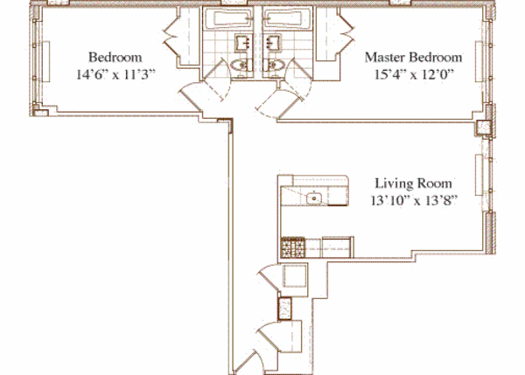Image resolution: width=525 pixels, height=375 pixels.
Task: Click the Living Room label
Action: pyautogui.click(x=413, y=184)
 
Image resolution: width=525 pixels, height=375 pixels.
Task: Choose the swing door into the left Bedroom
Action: pyautogui.click(x=194, y=92)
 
